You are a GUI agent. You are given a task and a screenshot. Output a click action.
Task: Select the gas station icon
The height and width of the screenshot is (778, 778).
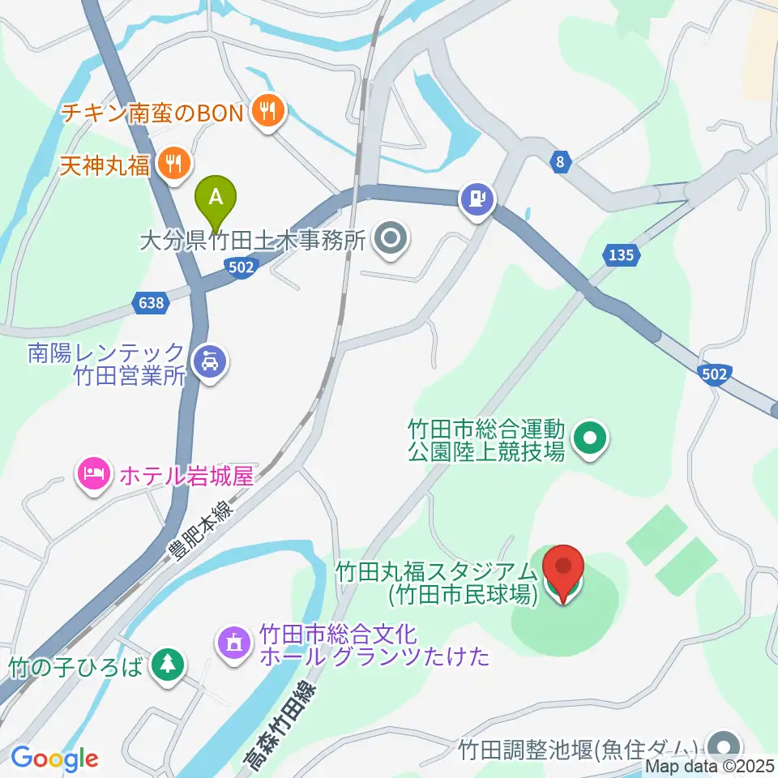click(x=477, y=197)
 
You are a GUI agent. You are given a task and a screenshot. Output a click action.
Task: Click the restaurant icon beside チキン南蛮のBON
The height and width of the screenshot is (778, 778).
click(x=267, y=111)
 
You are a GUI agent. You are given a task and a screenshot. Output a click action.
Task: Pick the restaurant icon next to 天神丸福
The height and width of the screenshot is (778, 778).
click(x=173, y=165)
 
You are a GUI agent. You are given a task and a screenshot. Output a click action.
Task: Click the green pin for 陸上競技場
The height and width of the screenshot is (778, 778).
click(x=589, y=438)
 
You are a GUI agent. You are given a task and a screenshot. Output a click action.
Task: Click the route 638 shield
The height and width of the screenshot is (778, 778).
click(x=152, y=303)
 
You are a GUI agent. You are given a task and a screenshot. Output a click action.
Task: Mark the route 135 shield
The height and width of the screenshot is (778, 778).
click(x=621, y=255)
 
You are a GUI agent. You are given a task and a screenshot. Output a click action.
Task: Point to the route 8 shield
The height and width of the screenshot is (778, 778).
click(x=560, y=163)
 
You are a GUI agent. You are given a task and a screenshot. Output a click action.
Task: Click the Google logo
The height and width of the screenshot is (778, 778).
click(x=54, y=759)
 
